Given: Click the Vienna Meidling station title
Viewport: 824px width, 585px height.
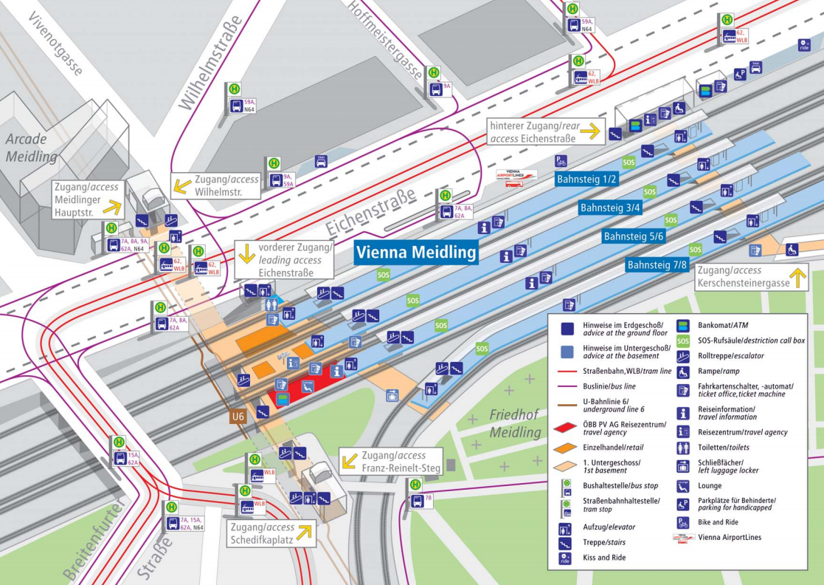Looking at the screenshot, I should (417, 253).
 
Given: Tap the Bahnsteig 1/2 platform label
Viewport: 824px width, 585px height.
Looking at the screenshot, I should (586, 179).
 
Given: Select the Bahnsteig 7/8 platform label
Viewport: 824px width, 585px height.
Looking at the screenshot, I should (657, 264).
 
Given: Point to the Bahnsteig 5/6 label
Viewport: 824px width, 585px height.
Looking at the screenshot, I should (634, 236).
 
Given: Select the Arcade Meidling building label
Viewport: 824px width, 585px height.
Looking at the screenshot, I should (30, 148).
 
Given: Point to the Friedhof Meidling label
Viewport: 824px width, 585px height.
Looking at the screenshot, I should (516, 423).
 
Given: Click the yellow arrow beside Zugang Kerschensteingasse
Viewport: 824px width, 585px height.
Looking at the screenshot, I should (796, 278).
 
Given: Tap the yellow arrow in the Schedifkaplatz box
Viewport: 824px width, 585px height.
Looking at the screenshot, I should (304, 530).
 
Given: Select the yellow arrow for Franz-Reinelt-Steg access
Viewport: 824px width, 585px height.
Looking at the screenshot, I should (350, 462).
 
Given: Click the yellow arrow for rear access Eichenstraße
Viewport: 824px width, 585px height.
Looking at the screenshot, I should (589, 132).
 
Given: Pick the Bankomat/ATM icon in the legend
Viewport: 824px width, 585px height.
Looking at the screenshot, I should (683, 325).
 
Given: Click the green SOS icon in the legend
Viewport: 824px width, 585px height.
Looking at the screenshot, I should (683, 341).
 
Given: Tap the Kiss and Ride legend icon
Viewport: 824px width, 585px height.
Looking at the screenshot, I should (566, 558).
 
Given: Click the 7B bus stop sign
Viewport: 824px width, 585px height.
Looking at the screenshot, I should (418, 500).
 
